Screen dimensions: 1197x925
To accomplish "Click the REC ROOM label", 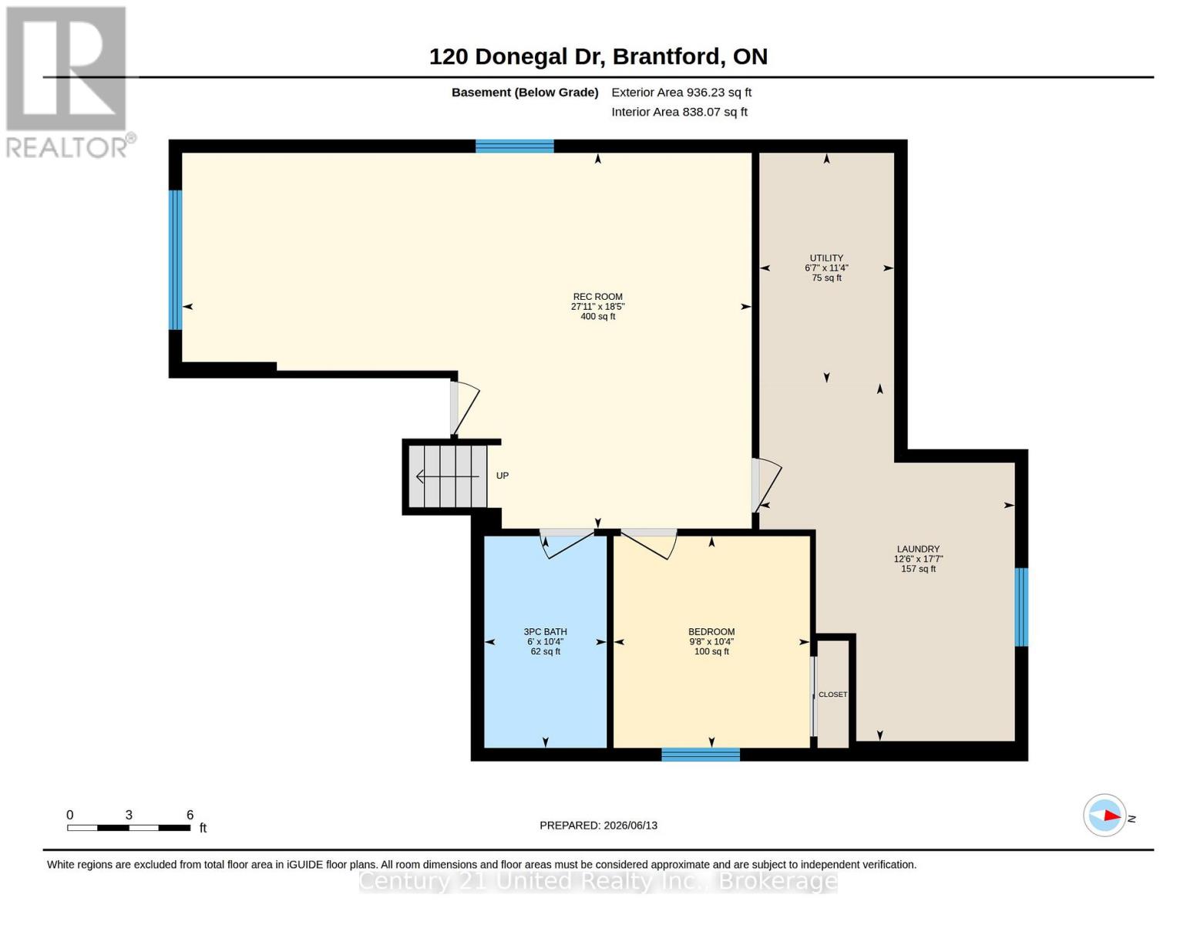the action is coord(597,297).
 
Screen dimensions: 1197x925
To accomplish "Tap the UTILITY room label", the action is coord(826,257).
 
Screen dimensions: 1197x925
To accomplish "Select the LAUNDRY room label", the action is coord(918,549).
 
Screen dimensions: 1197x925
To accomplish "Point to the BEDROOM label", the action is coord(711,631).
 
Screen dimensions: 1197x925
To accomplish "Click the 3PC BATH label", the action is coord(546,631).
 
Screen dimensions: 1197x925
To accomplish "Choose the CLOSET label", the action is coord(833,695).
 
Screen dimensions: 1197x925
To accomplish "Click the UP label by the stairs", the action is coord(503,476).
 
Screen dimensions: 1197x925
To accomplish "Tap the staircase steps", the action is coord(447,476).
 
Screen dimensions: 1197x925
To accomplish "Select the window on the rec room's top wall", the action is coord(515,146).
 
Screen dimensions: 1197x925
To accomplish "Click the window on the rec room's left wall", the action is coord(175,260).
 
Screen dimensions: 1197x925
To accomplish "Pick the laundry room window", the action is coord(1021,607).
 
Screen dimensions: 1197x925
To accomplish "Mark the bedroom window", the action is coord(700,754).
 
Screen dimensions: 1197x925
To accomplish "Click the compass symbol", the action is coord(1105,815).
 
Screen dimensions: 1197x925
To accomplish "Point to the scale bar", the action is coord(129,827).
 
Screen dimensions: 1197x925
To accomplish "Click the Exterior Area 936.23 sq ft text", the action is coord(681,92).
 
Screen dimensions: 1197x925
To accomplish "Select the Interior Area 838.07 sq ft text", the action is coord(679,112).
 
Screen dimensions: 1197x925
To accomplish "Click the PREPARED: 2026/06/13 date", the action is coord(598,826).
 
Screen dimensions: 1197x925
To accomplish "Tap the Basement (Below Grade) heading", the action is coord(525,92).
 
